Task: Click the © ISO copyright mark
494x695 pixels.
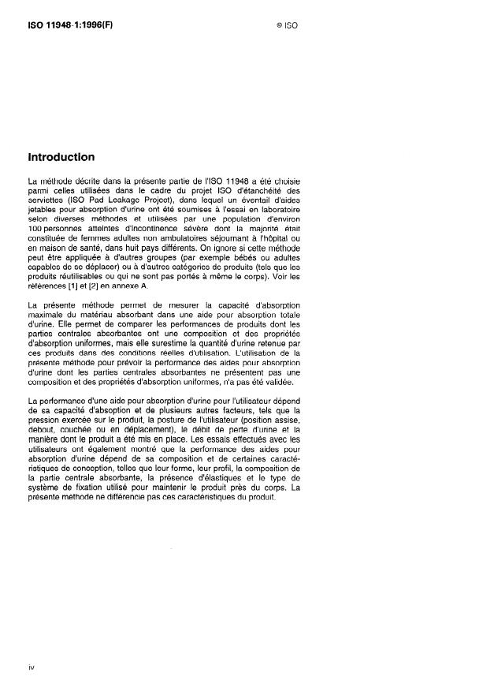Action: (288, 25)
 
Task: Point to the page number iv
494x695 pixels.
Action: (31, 667)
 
